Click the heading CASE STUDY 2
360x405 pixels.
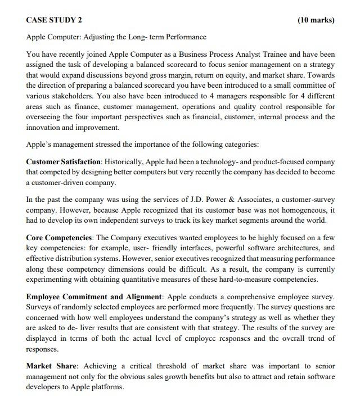tap(54, 20)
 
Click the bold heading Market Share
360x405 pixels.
tap(49, 366)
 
